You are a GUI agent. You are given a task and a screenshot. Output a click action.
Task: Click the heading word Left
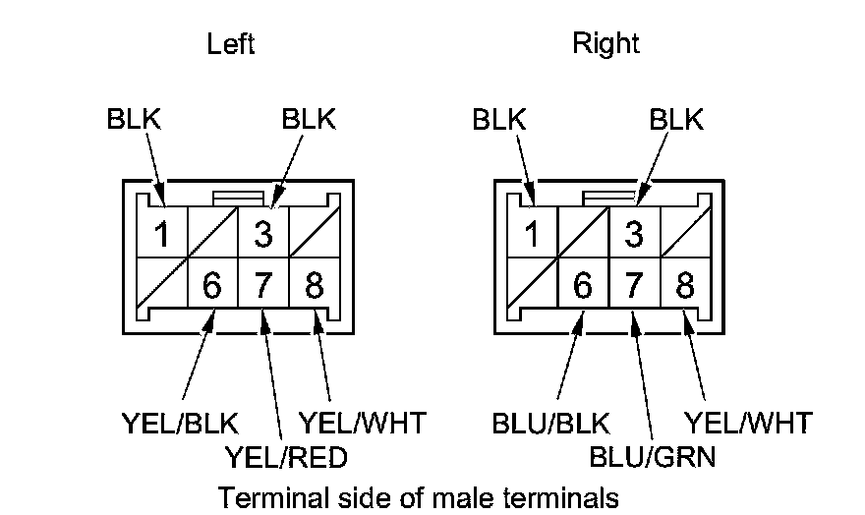coord(231,44)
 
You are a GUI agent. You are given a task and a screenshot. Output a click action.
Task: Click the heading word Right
coord(605,44)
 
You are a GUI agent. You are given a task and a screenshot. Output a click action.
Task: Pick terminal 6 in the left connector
coord(212,286)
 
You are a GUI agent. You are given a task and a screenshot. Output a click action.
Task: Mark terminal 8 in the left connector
coord(315,286)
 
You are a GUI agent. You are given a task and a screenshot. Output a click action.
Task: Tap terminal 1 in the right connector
coord(532,236)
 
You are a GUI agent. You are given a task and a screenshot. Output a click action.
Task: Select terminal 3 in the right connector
coord(635,236)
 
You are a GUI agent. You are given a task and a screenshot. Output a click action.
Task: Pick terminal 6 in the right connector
coord(584,286)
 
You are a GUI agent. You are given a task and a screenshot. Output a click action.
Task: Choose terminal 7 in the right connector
coord(635,286)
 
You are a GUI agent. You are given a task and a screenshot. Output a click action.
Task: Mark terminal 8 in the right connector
coord(685,286)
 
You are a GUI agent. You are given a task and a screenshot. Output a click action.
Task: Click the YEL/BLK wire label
coord(180,424)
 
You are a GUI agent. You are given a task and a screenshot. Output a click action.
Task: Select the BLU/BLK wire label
coord(550,424)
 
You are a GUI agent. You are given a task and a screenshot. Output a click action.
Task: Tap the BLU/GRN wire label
coord(653,457)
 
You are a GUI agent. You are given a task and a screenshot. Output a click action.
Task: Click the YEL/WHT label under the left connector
coord(363,424)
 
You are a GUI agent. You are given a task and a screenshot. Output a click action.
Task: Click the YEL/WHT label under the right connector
coord(749,424)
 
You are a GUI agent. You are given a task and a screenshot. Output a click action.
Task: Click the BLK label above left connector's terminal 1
coord(134,119)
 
